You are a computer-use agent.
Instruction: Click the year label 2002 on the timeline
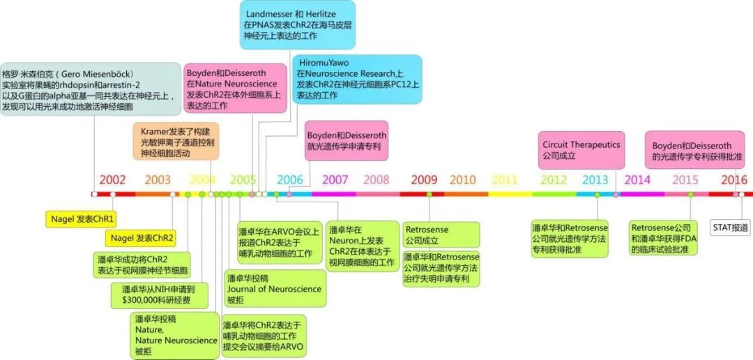point(112,179)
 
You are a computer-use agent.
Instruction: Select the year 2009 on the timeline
point(424,179)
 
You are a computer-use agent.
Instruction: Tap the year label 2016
point(734,179)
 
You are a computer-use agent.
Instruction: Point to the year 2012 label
point(554,179)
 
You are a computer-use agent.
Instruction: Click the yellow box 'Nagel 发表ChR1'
point(83,218)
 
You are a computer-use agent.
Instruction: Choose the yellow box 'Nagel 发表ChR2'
point(140,238)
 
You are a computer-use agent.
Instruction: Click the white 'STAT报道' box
point(730,227)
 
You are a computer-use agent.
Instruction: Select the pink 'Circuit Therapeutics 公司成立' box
point(581,150)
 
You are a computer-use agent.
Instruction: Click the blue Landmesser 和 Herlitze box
point(298,24)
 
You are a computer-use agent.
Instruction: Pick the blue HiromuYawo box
point(356,79)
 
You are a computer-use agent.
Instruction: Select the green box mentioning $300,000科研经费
point(160,295)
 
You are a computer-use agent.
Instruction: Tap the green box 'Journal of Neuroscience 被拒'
point(274,289)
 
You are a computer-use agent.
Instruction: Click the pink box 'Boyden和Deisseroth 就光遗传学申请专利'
point(347,141)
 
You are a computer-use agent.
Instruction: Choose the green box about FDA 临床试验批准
point(663,238)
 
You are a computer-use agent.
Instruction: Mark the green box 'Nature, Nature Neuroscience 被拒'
point(176,335)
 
